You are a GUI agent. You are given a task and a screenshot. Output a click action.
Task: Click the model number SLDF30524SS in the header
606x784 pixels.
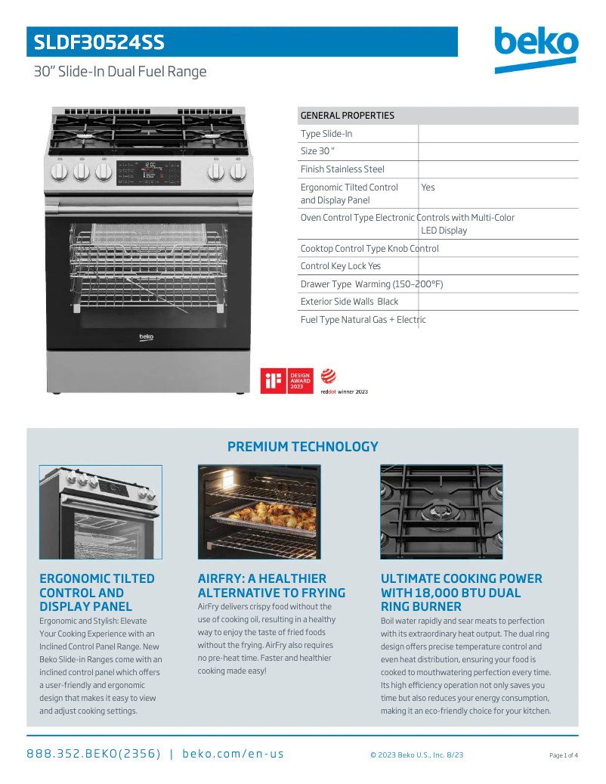coord(99,42)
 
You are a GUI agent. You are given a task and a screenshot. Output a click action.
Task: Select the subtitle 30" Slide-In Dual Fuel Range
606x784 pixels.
coord(120,72)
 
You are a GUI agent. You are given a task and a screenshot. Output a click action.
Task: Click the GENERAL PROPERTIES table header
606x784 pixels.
coord(348,116)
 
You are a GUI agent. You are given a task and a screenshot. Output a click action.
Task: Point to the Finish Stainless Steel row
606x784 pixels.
coord(342,169)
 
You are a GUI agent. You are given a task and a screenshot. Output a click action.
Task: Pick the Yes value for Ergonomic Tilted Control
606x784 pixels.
coord(428,187)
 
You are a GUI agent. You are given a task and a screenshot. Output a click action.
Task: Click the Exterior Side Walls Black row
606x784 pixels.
coord(349,302)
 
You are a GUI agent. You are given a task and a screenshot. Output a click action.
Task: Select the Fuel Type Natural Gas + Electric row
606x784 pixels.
coord(363,320)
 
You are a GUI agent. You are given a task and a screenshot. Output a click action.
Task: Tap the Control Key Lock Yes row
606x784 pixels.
coord(341,266)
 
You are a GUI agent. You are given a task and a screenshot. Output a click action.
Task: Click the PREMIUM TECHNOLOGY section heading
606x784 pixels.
coord(302,447)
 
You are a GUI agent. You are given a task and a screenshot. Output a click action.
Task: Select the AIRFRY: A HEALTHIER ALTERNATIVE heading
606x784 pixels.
coord(271,586)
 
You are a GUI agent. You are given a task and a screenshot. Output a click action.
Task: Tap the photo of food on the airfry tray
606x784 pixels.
coord(259,512)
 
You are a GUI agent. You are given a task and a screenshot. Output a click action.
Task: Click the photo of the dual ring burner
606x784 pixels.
coord(441,512)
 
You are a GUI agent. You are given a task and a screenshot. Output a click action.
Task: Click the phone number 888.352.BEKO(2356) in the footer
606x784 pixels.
coord(94,754)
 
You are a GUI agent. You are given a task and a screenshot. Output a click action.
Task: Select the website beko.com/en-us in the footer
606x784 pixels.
coord(233,754)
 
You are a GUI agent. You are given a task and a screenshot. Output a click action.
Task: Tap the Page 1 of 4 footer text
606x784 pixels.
coord(563,755)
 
